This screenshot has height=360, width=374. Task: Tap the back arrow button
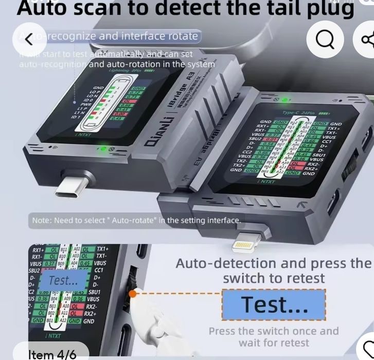pyautogui.click(x=29, y=39)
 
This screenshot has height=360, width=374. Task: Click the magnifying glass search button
pyautogui.click(x=325, y=39)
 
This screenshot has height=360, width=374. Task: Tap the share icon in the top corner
pyautogui.click(x=366, y=39)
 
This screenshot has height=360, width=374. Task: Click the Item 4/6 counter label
pyautogui.click(x=52, y=354)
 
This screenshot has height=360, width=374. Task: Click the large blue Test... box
pyautogui.click(x=274, y=304)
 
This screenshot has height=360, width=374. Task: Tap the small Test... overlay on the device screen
pyautogui.click(x=63, y=280)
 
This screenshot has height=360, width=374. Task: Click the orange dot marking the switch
pyautogui.click(x=133, y=294)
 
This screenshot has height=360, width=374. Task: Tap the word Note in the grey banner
pyautogui.click(x=41, y=220)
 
